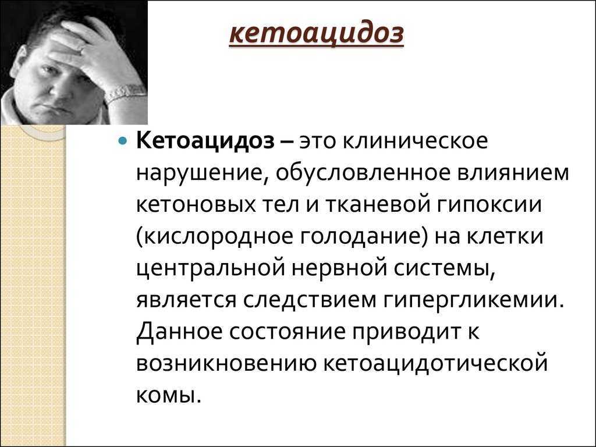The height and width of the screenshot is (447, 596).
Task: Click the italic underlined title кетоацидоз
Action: (x=316, y=34)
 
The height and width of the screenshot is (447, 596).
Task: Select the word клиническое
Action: (x=416, y=141)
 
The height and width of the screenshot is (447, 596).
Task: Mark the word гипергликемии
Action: (x=473, y=301)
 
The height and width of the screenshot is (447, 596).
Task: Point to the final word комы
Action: (x=167, y=396)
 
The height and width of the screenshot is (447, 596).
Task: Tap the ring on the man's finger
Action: (x=81, y=49)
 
